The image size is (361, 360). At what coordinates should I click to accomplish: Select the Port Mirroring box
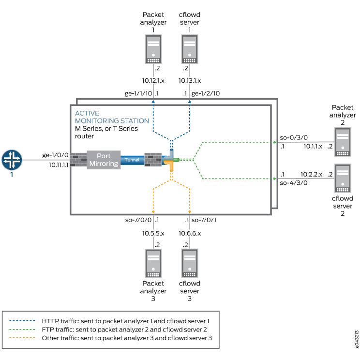point(104,160)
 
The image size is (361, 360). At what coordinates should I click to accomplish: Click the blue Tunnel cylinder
point(132,160)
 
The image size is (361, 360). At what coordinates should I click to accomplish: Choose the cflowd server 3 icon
point(189,262)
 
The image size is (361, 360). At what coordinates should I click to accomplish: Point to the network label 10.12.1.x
point(153,80)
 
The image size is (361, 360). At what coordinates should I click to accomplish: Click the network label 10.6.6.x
point(190,233)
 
